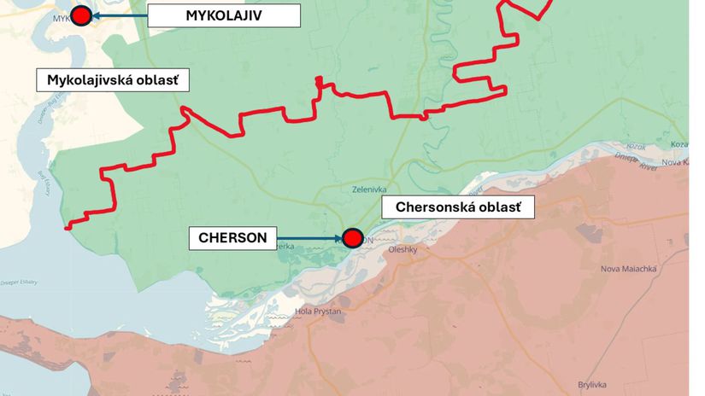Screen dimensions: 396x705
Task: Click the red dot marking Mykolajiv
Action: click(81, 15)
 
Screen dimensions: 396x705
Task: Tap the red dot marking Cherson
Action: click(352, 238)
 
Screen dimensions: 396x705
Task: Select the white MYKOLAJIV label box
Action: click(224, 15)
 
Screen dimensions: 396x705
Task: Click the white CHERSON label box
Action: click(232, 238)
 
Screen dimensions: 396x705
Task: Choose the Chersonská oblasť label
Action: click(464, 207)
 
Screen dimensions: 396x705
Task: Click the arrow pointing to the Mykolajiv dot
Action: click(120, 15)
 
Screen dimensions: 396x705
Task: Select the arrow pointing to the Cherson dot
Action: click(308, 238)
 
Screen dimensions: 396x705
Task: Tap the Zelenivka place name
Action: click(370, 189)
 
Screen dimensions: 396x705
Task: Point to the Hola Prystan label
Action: click(318, 312)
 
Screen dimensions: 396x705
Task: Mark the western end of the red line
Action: click(68, 228)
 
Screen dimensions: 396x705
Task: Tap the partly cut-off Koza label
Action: click(679, 144)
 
